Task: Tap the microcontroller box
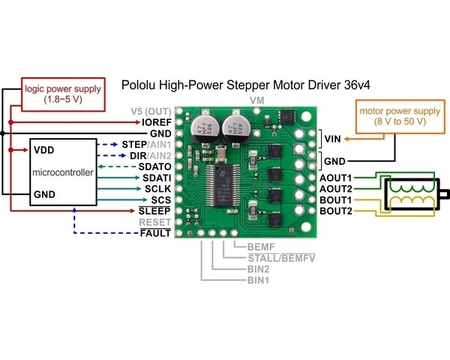(62, 172)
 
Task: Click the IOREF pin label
(156, 121)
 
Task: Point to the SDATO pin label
(155, 166)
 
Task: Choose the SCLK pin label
(157, 188)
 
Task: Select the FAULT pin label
(156, 234)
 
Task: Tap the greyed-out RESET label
(155, 223)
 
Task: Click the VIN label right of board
(333, 138)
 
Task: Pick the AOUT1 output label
(336, 178)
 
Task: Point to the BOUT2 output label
(336, 212)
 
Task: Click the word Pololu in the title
(142, 85)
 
